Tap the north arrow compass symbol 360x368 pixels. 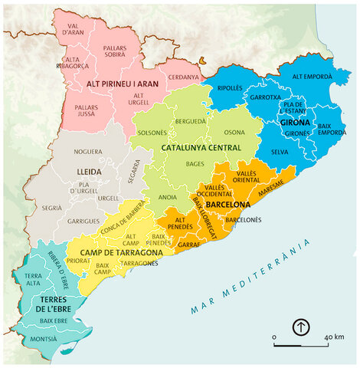[301, 327]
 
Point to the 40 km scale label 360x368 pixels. [333, 337]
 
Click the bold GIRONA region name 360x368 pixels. [295, 122]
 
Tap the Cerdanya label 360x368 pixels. [183, 77]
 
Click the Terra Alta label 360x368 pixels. [33, 279]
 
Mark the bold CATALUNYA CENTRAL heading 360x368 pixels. [201, 147]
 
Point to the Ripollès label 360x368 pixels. [230, 87]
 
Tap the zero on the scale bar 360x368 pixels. [274, 337]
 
